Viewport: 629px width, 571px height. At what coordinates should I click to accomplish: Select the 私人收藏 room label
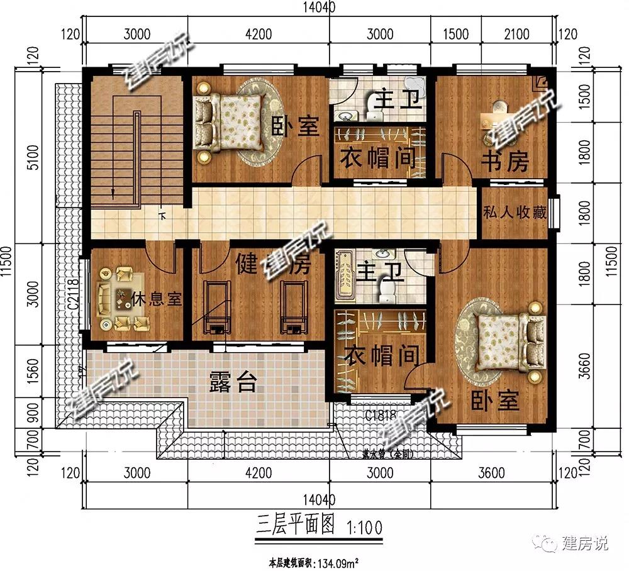pos(514,213)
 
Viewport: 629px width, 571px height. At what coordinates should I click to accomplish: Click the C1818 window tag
pos(381,414)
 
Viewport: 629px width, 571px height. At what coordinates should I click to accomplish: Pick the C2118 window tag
pos(73,294)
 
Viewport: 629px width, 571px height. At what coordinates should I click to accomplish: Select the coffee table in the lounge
pos(121,299)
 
